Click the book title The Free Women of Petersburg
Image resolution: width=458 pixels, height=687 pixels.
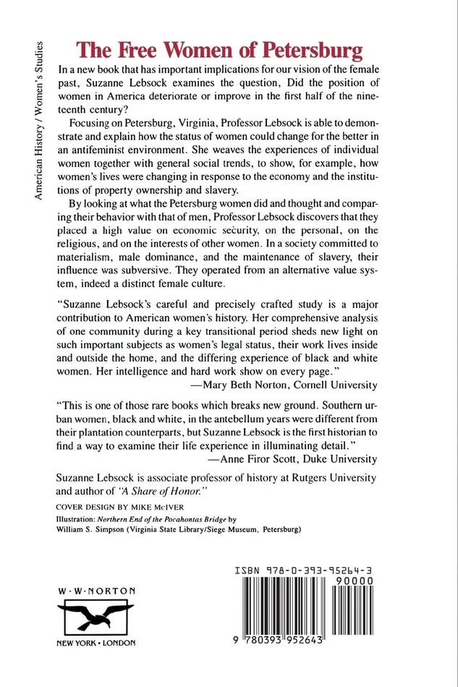[220, 51]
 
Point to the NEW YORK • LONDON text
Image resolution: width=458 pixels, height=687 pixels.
[96, 643]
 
